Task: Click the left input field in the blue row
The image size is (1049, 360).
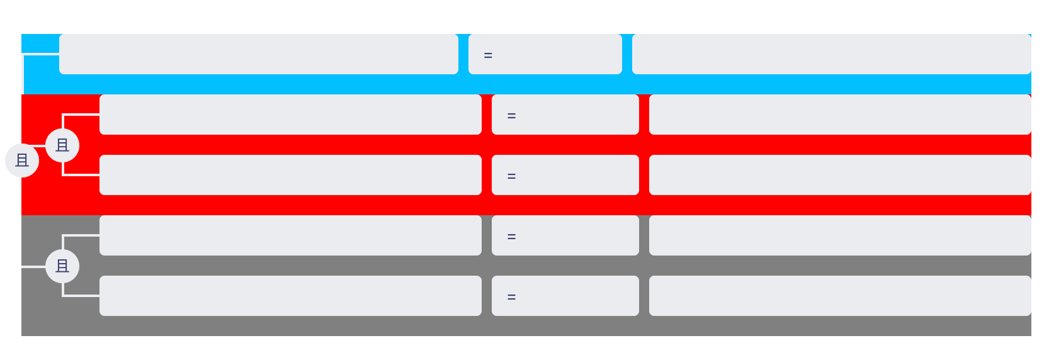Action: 259,54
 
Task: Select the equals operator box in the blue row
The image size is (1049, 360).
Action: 545,54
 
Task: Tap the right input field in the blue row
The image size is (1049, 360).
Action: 831,54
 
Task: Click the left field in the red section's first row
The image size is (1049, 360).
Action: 290,114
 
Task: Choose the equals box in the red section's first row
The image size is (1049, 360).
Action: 565,114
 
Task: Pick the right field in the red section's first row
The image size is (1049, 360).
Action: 840,114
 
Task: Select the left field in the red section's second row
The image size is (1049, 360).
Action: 290,174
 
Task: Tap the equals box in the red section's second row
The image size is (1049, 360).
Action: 565,174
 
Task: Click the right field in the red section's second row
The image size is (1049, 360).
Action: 840,174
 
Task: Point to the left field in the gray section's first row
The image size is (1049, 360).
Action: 290,235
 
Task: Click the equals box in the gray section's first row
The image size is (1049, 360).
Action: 565,235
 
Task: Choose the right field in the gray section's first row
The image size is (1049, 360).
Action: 840,235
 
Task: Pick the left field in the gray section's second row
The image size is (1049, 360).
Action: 290,295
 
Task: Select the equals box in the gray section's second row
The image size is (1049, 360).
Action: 565,295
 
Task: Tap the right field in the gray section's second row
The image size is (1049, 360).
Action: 840,295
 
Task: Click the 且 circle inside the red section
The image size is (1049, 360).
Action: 62,145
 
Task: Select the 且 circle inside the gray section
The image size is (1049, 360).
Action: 62,266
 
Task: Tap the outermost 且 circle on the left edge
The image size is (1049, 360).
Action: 22,160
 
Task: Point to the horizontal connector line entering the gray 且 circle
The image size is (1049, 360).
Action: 34,266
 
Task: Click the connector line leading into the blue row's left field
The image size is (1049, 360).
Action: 41,55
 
